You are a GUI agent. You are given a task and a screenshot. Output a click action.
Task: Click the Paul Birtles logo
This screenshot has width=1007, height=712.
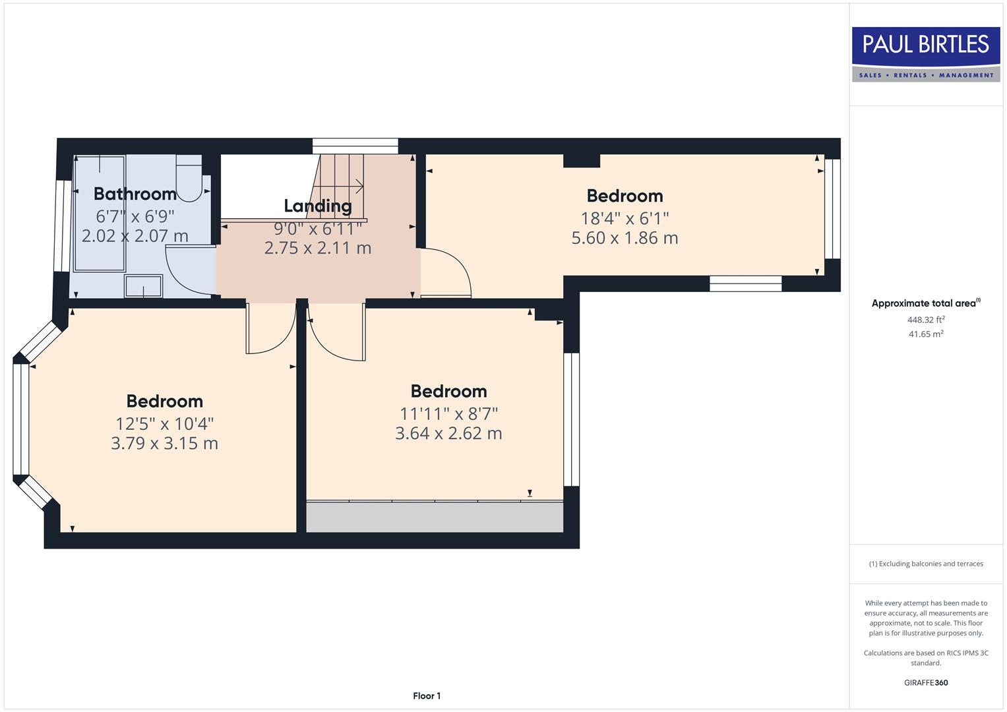[x=926, y=54]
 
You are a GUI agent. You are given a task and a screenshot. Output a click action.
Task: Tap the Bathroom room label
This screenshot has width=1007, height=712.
[x=135, y=194]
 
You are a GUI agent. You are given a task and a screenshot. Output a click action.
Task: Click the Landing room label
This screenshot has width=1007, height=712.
[x=317, y=206]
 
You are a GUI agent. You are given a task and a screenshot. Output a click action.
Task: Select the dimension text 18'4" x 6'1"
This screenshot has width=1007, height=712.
[x=625, y=218]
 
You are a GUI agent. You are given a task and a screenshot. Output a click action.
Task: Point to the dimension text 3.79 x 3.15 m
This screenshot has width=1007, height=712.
[x=164, y=443]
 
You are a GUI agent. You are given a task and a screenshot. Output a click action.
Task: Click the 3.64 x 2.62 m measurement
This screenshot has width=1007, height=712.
[x=448, y=433]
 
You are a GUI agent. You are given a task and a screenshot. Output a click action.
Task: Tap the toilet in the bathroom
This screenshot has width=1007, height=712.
[x=189, y=179]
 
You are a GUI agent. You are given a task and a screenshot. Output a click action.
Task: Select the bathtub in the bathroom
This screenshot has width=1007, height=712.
[x=99, y=214]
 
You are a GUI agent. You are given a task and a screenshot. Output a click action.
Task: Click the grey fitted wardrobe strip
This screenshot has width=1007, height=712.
[x=435, y=517]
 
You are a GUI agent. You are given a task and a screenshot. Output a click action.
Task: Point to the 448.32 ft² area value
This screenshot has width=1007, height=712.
[x=925, y=320]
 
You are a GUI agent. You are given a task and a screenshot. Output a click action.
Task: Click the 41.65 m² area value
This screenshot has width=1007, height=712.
[x=925, y=334]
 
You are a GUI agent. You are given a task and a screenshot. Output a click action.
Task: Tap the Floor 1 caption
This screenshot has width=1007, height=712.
[x=427, y=696]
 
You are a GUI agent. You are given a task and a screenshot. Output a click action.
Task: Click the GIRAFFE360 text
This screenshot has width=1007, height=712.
[x=925, y=682]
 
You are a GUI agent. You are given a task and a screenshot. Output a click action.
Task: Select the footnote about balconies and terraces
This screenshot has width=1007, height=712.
[x=925, y=564]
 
